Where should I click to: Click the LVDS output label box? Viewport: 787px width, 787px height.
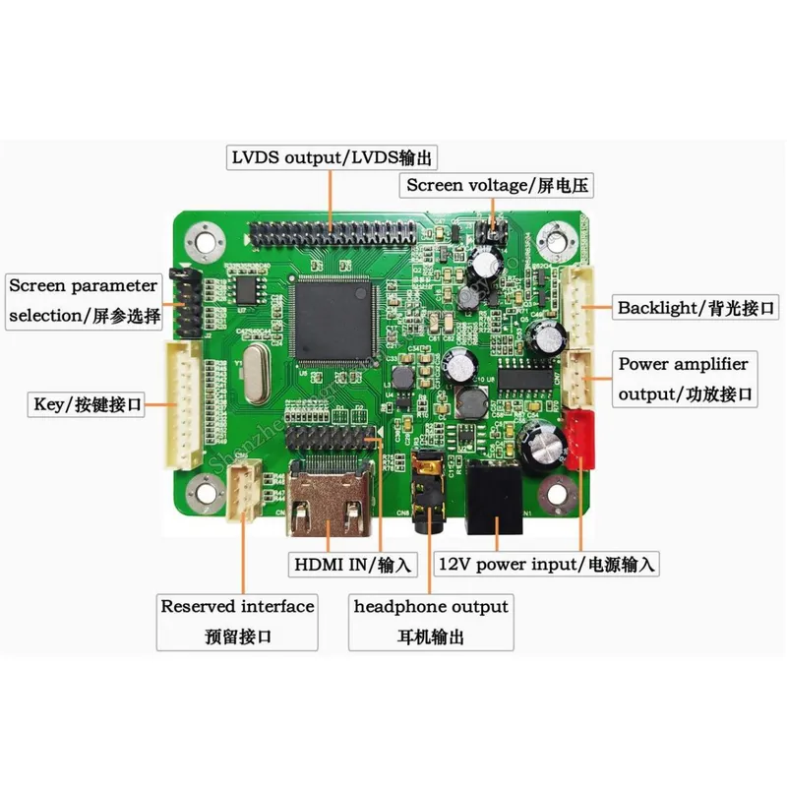click(332, 157)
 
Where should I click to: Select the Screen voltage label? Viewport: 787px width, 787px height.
click(498, 184)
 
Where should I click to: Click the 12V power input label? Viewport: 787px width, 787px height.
click(546, 564)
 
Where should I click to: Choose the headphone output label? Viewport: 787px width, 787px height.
click(431, 621)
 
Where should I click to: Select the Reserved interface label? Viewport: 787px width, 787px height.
click(237, 621)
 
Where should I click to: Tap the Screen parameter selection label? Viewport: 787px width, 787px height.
click(83, 300)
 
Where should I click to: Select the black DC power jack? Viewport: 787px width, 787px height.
click(498, 499)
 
